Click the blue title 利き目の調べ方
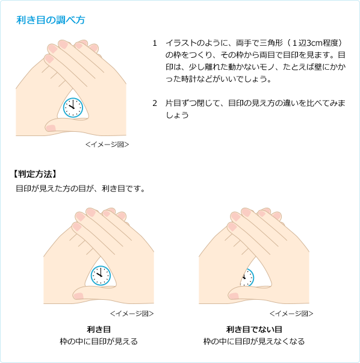click(51, 20)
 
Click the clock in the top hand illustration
click(73, 108)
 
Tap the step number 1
click(155, 43)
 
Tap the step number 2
click(155, 103)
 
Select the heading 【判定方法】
click(35, 174)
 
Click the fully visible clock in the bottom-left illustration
click(101, 276)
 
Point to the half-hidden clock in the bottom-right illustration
click(247, 278)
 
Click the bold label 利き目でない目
click(254, 329)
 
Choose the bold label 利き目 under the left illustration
click(99, 329)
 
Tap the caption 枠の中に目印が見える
click(99, 341)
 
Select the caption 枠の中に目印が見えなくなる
click(254, 341)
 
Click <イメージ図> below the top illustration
click(107, 144)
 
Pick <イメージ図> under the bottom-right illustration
click(291, 314)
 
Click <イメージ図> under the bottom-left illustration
click(132, 314)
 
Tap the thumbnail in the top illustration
click(51, 128)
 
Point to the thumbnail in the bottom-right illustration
click(234, 296)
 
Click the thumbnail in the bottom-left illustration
click(79, 296)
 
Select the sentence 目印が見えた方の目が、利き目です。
click(81, 188)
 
